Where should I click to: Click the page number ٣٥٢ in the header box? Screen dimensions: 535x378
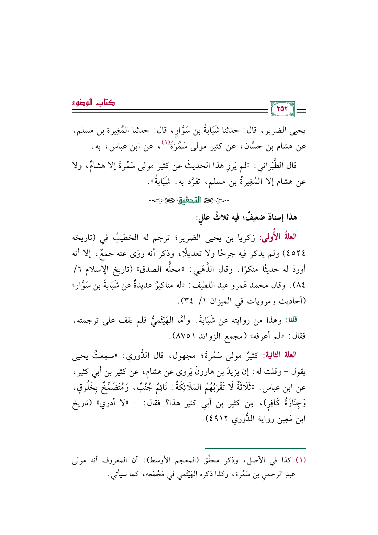pyautogui.click(x=282, y=109)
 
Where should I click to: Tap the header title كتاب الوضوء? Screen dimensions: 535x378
pyautogui.click(x=93, y=102)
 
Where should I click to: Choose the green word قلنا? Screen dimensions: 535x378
pyautogui.click(x=291, y=320)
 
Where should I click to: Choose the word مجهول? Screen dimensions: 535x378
pyautogui.click(x=181, y=355)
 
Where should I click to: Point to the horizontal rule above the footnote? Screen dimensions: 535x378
pyautogui.click(x=255, y=448)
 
